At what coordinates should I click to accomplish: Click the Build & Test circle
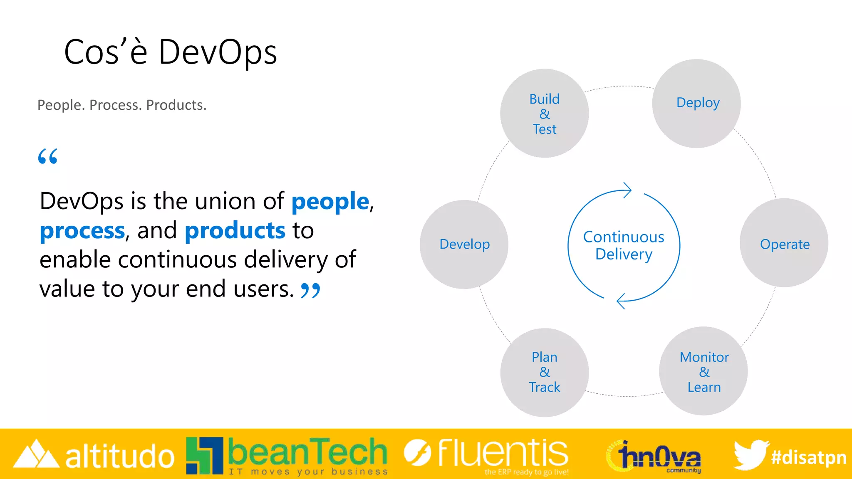pyautogui.click(x=544, y=114)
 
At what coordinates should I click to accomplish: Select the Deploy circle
pyautogui.click(x=696, y=104)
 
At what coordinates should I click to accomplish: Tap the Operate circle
pyautogui.click(x=784, y=243)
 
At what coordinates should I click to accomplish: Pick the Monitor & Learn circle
pyautogui.click(x=703, y=371)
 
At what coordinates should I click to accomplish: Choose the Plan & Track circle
pyautogui.click(x=544, y=372)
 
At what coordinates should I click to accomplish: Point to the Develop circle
pyautogui.click(x=464, y=244)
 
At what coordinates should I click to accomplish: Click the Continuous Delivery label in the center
pyautogui.click(x=624, y=245)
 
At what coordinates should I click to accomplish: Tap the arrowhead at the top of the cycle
pyautogui.click(x=627, y=190)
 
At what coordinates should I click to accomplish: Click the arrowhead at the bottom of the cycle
pyautogui.click(x=621, y=301)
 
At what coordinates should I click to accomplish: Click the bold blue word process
pyautogui.click(x=82, y=231)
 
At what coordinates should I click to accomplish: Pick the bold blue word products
pyautogui.click(x=235, y=231)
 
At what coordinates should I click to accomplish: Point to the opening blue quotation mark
pyautogui.click(x=47, y=156)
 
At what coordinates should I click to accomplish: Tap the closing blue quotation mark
pyautogui.click(x=310, y=290)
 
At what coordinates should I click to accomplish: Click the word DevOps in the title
pyautogui.click(x=218, y=53)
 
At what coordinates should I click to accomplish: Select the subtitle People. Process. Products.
pyautogui.click(x=122, y=105)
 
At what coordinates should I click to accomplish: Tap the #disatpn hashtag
pyautogui.click(x=808, y=457)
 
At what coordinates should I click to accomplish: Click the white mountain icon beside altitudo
pyautogui.click(x=36, y=454)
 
